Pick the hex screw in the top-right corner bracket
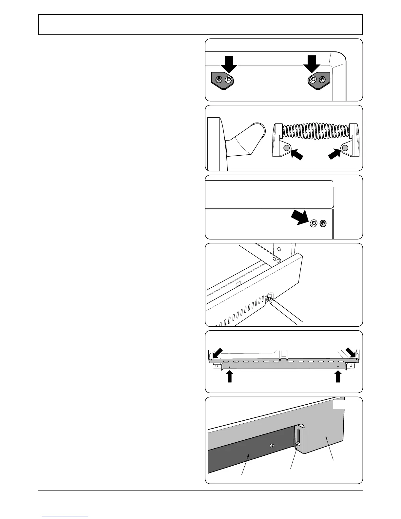click(x=314, y=79)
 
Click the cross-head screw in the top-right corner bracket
click(x=323, y=79)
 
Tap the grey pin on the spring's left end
click(x=286, y=148)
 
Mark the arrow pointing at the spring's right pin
click(x=335, y=153)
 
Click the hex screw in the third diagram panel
click(x=314, y=223)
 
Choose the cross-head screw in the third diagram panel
click(x=323, y=223)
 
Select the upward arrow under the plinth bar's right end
click(x=338, y=376)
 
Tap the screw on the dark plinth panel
click(x=272, y=446)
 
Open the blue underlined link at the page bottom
click(x=65, y=516)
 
